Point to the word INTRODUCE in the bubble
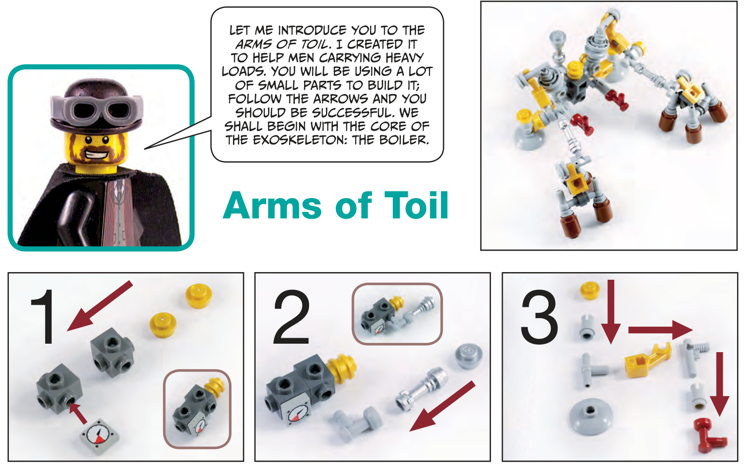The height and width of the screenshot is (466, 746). (312, 30)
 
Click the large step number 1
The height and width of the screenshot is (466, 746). (44, 317)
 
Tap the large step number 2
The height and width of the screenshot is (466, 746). (291, 317)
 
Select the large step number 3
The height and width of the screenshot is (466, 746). (539, 317)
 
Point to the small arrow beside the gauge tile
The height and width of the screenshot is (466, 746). (78, 413)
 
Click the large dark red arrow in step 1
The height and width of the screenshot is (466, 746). (100, 306)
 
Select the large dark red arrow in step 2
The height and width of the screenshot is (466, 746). (442, 406)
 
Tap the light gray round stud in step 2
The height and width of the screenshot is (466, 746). (469, 356)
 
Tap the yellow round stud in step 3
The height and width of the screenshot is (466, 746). (590, 290)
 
